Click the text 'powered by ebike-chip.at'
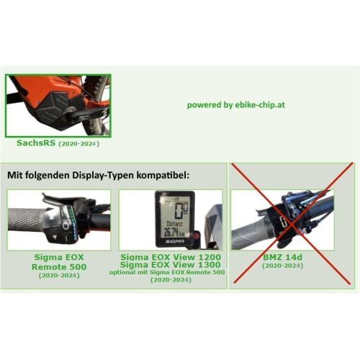tap(236, 105)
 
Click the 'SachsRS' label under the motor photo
tap(36, 143)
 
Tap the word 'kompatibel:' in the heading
tap(163, 175)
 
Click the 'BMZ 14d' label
tap(282, 257)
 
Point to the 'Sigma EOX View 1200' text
tap(171, 257)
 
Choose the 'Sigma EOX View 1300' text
tap(171, 265)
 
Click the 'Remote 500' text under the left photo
tap(59, 267)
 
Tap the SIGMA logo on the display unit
tap(175, 241)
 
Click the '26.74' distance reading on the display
tap(171, 232)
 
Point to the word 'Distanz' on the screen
tap(174, 224)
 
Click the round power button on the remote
tap(66, 225)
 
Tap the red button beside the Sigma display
tap(197, 236)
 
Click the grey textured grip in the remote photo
tap(25, 220)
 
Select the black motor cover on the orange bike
tap(53, 107)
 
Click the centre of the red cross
tap(292, 224)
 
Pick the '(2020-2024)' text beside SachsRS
tap(79, 144)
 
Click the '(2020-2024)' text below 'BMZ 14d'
tap(282, 266)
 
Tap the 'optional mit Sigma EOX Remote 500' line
tap(167, 272)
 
